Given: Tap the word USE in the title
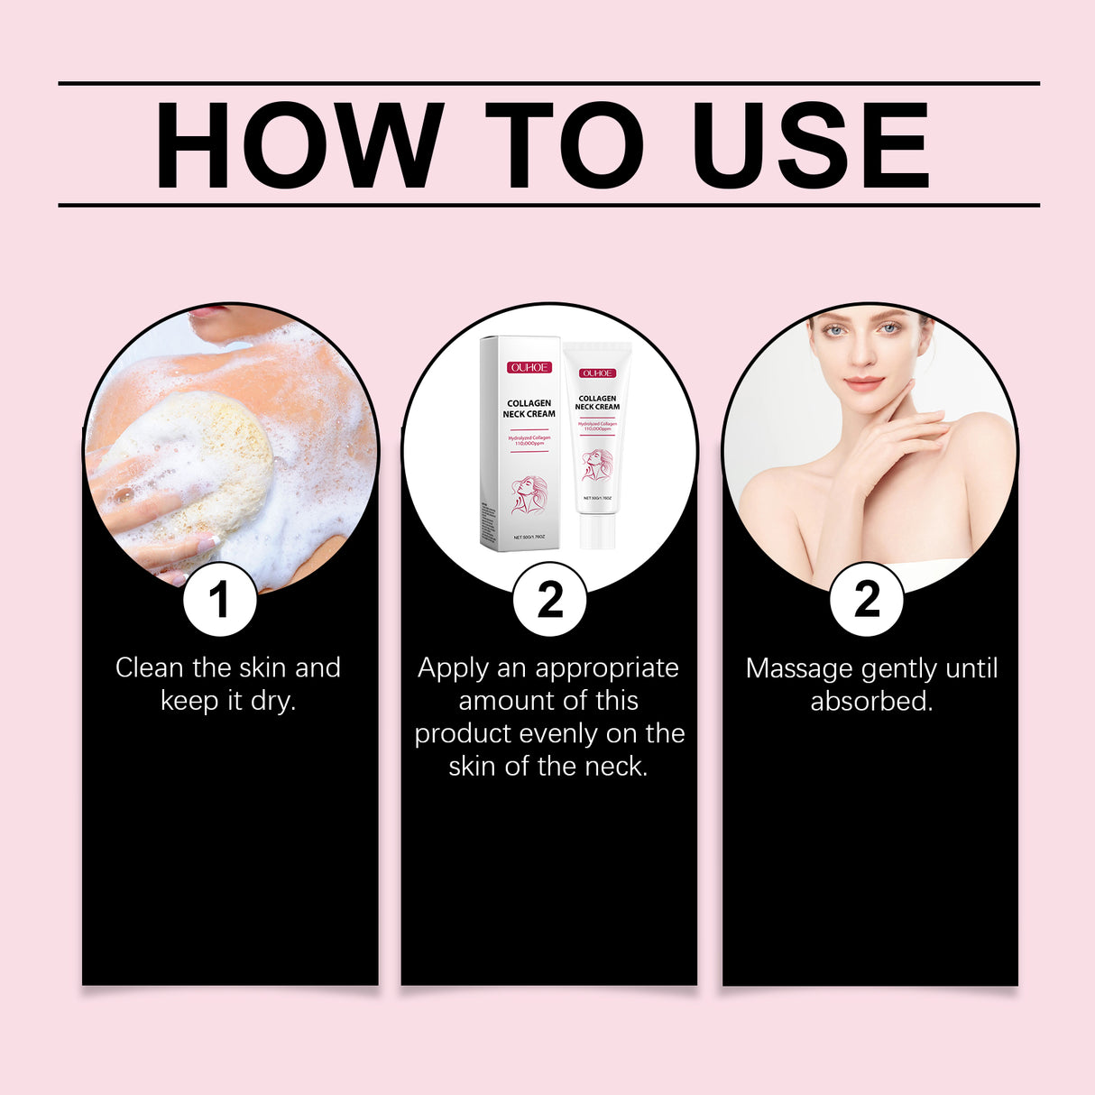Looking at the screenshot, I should click(x=809, y=145).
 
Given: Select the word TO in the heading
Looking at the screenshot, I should click(x=564, y=145).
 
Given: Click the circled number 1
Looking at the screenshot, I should click(x=219, y=599).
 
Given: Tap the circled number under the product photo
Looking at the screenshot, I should click(x=549, y=599).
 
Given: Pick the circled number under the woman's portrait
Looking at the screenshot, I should click(x=866, y=599).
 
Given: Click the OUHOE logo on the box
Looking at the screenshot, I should click(x=528, y=367).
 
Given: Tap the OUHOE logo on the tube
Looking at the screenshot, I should click(x=597, y=373).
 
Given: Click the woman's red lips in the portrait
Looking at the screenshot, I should click(x=863, y=383).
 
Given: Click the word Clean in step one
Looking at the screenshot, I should click(x=149, y=668).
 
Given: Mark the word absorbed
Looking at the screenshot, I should click(x=870, y=701).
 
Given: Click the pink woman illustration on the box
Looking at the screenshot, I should click(x=529, y=495).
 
